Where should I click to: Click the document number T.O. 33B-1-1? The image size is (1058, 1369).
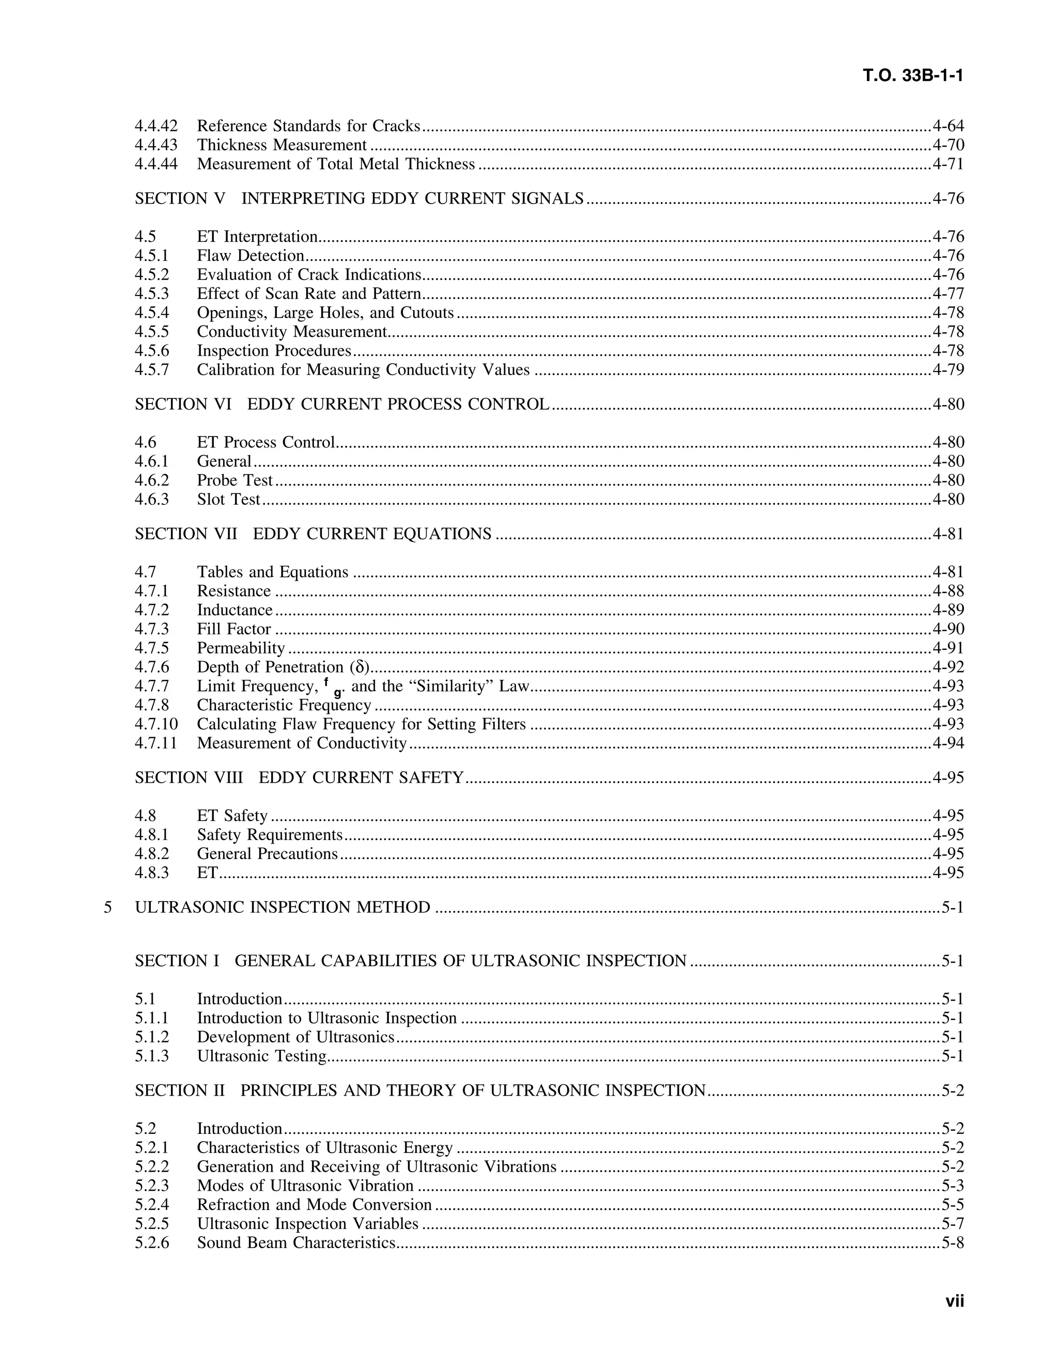pyautogui.click(x=913, y=76)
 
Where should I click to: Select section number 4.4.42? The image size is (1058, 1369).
pyautogui.click(x=156, y=126)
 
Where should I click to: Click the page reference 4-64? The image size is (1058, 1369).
pyautogui.click(x=947, y=126)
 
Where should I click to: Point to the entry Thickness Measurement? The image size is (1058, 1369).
pyautogui.click(x=282, y=145)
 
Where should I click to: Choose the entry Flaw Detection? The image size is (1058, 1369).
pyautogui.click(x=250, y=255)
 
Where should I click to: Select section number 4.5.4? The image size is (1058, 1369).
pyautogui.click(x=152, y=312)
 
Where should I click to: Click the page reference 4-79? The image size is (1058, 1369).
pyautogui.click(x=947, y=369)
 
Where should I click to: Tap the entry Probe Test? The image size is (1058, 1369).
pyautogui.click(x=235, y=480)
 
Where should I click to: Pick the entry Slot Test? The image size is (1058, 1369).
pyautogui.click(x=228, y=499)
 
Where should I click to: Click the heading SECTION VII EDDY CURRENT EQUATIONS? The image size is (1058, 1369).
pyautogui.click(x=313, y=534)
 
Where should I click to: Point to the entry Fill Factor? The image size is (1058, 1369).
pyautogui.click(x=234, y=629)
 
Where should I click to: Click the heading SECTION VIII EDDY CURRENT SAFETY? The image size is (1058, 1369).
pyautogui.click(x=299, y=777)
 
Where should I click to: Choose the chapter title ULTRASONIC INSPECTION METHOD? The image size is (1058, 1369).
pyautogui.click(x=283, y=907)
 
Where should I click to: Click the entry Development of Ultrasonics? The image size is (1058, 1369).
pyautogui.click(x=295, y=1037)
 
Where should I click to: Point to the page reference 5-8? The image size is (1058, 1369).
pyautogui.click(x=952, y=1242)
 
